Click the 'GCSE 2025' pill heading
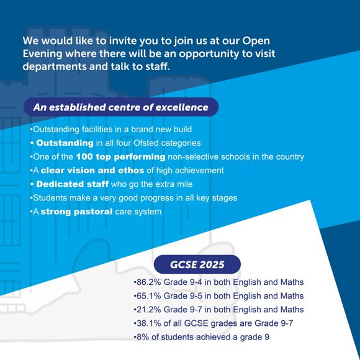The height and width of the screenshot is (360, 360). tap(197, 265)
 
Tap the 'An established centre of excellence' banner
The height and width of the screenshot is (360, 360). tap(120, 107)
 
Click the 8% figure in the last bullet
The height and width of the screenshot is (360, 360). tap(142, 337)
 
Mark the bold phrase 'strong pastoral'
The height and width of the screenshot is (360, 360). tap(76, 212)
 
